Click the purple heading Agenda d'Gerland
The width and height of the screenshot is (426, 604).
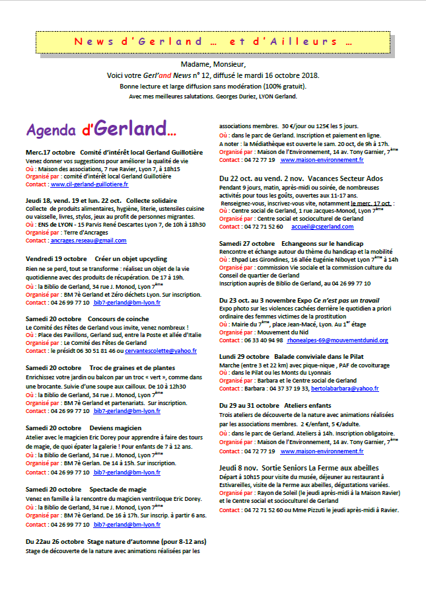pyautogui.click(x=101, y=127)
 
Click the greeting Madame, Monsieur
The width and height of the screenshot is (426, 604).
pyautogui.click(x=212, y=65)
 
